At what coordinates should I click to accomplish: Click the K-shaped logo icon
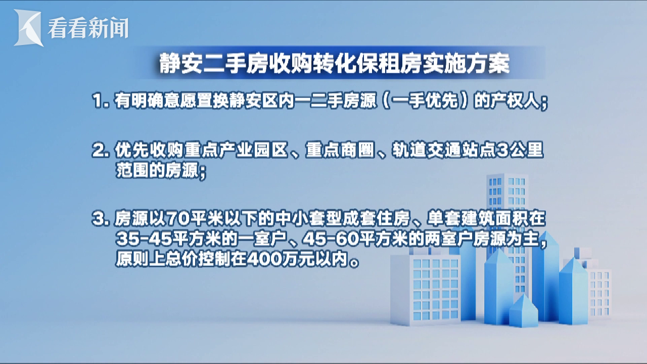coord(28,28)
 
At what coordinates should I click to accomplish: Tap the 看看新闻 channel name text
coord(88,28)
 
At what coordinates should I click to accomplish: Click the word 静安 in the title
coord(180,63)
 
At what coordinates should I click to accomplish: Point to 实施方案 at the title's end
coord(466,63)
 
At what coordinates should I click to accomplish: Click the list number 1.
coord(100,101)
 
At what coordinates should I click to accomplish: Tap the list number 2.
coord(100,151)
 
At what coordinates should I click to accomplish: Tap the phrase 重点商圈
coord(340,150)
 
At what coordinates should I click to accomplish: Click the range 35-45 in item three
coord(144,239)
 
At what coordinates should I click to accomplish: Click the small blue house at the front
coord(523,311)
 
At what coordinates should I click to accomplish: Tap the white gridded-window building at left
coord(425,289)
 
